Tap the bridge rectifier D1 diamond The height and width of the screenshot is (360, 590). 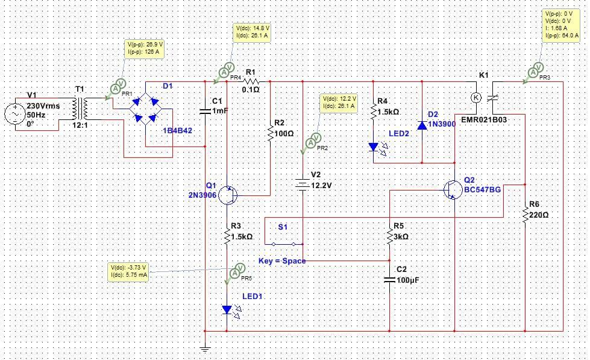(146, 109)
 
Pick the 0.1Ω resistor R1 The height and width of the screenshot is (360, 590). (251, 80)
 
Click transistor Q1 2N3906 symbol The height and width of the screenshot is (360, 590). (228, 195)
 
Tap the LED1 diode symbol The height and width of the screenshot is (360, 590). (227, 309)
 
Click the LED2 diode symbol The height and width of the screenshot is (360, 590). (374, 147)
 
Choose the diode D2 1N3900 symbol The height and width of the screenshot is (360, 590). (422, 125)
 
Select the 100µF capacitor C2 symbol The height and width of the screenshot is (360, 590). (390, 279)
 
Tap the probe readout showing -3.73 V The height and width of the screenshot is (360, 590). (129, 271)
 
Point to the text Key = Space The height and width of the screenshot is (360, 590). (281, 261)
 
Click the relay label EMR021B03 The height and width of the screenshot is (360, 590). (483, 120)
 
